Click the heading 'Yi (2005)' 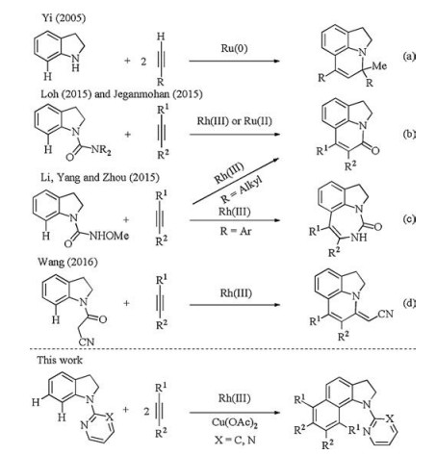tap(64, 18)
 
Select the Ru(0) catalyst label tap(234, 48)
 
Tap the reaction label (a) tap(409, 57)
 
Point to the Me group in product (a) tap(379, 66)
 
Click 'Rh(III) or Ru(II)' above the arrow tap(234, 121)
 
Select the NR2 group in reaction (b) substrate tap(101, 149)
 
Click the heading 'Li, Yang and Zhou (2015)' tap(100, 177)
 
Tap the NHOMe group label tap(109, 236)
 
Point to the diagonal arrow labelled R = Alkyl tap(236, 181)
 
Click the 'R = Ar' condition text tap(236, 231)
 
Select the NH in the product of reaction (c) tap(359, 238)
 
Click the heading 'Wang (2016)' tap(67, 262)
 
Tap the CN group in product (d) tap(385, 314)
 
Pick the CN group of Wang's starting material tap(87, 341)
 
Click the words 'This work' tap(60, 360)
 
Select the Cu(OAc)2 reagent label tap(235, 422)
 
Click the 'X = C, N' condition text tap(235, 440)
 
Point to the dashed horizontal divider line tap(222, 349)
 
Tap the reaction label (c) tap(409, 219)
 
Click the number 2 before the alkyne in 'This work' tap(146, 412)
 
